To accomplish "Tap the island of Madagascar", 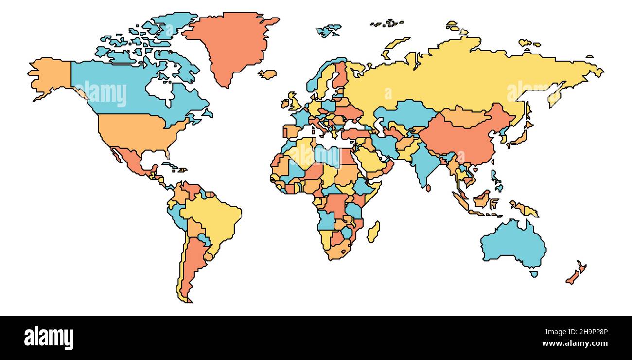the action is point(373,232).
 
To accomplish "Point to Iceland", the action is point(267,74).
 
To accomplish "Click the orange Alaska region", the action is point(51,75).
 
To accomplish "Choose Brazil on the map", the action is point(214,219).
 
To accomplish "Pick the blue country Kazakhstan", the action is point(404,114).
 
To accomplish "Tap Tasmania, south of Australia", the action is point(533,274).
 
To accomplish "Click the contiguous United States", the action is point(136,131).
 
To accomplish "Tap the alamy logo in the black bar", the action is point(49,338).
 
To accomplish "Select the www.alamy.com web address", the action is point(575,343).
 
